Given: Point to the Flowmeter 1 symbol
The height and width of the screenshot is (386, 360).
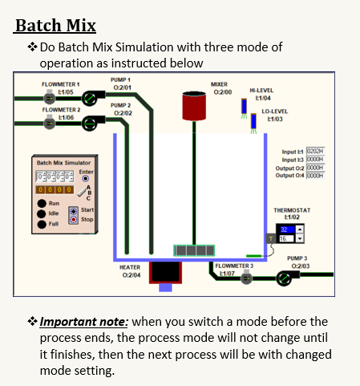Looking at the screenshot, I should click(50, 98).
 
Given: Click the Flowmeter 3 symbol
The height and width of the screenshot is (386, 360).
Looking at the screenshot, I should click(246, 278).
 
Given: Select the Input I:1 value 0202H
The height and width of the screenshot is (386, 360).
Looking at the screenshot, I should click(314, 151).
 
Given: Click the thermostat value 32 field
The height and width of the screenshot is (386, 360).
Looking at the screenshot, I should click(287, 229).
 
